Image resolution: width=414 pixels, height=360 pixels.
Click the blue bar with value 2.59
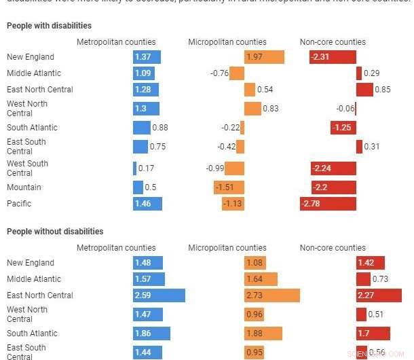click(159, 295)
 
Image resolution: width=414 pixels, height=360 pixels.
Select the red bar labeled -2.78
click(328, 204)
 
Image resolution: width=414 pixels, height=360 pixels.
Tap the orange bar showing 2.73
click(271, 295)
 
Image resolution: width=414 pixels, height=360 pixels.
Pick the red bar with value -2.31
click(333, 57)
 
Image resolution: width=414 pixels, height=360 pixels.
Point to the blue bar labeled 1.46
click(147, 204)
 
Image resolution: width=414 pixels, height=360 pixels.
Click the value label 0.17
click(146, 168)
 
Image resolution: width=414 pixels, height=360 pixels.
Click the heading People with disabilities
click(49, 26)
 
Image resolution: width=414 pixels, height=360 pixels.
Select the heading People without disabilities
click(55, 232)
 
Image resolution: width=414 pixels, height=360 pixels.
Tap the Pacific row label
click(19, 204)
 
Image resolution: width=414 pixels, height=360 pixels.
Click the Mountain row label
click(24, 187)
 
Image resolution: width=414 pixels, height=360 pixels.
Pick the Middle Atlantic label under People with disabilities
click(34, 73)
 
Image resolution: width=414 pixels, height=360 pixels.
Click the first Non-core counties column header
click(333, 42)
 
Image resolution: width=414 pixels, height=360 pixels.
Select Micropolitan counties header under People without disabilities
click(227, 248)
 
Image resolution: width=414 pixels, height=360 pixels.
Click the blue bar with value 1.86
click(151, 334)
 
